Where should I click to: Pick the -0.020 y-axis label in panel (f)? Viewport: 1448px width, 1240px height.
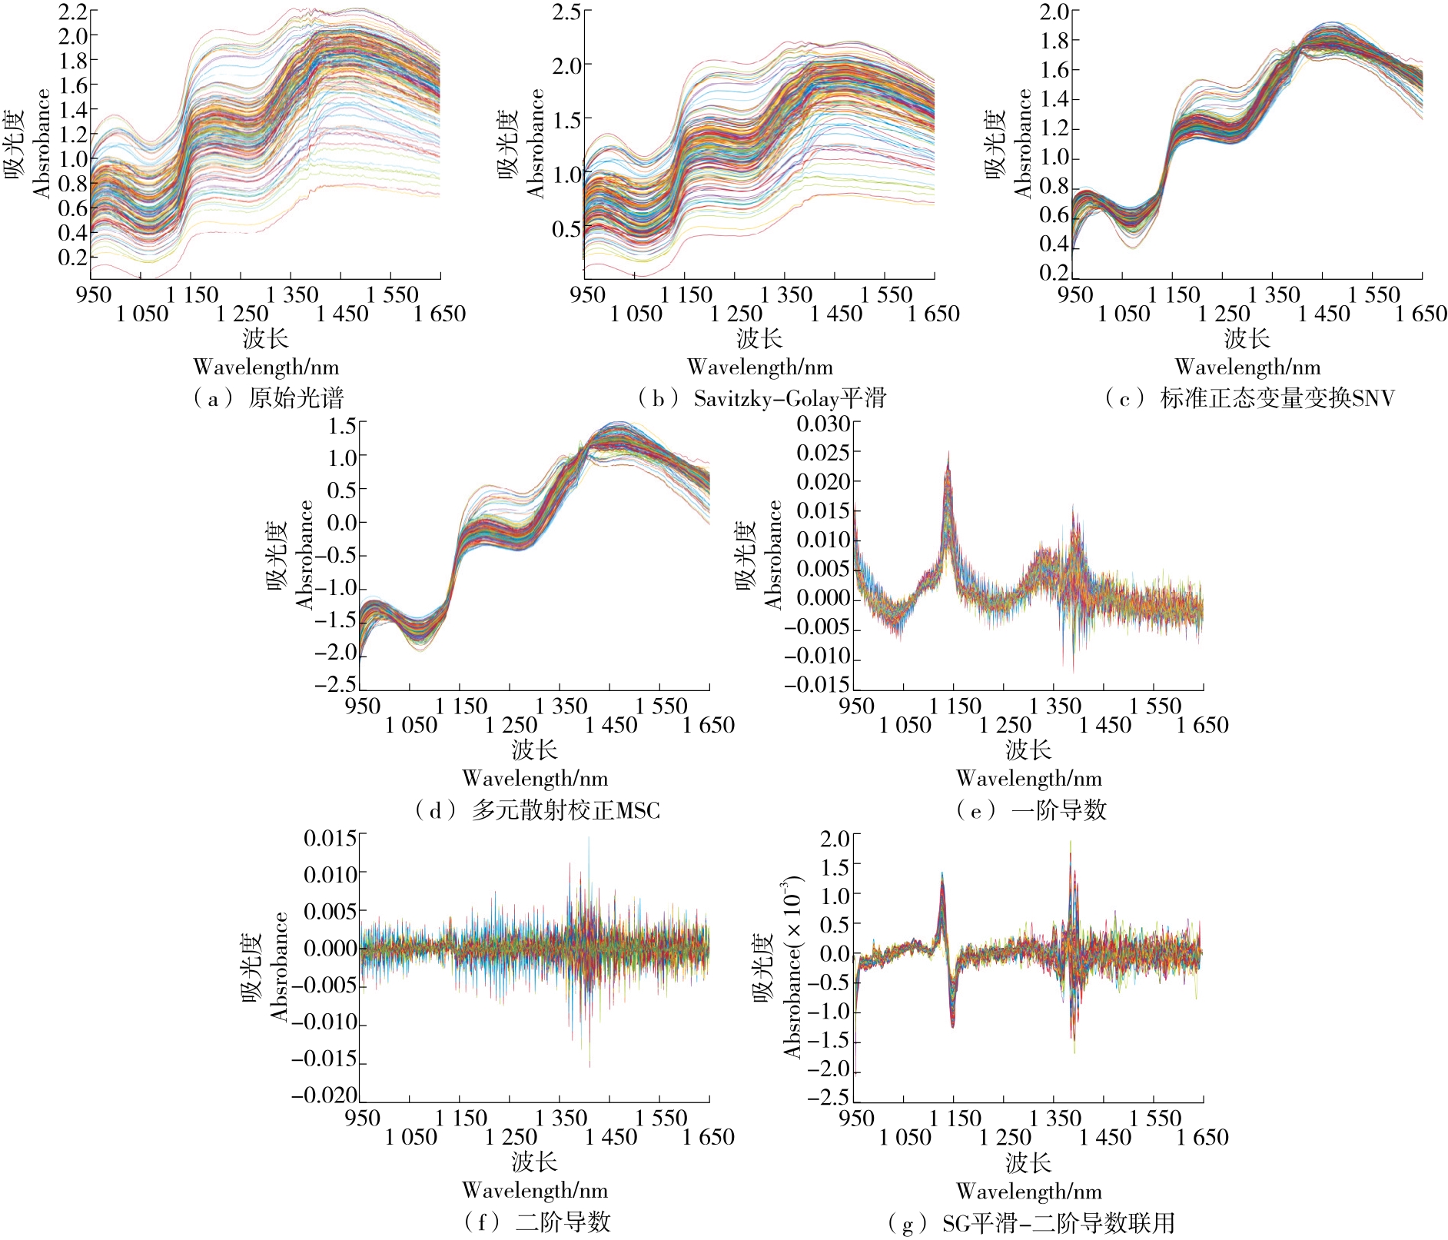324,1095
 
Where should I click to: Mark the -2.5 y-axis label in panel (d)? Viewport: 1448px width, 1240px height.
336,684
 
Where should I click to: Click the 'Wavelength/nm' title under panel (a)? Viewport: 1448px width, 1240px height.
266,367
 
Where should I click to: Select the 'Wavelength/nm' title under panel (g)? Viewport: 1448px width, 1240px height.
1029,1192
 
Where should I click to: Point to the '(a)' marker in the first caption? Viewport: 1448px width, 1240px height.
208,398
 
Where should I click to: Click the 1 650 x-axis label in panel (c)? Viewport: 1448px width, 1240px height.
1421,314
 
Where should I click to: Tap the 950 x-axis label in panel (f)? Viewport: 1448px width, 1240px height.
361,1118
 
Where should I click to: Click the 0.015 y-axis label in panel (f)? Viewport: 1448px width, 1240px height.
330,838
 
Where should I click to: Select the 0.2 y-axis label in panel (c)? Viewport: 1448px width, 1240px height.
1054,273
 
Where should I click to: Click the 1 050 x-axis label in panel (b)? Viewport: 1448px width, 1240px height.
636,314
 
